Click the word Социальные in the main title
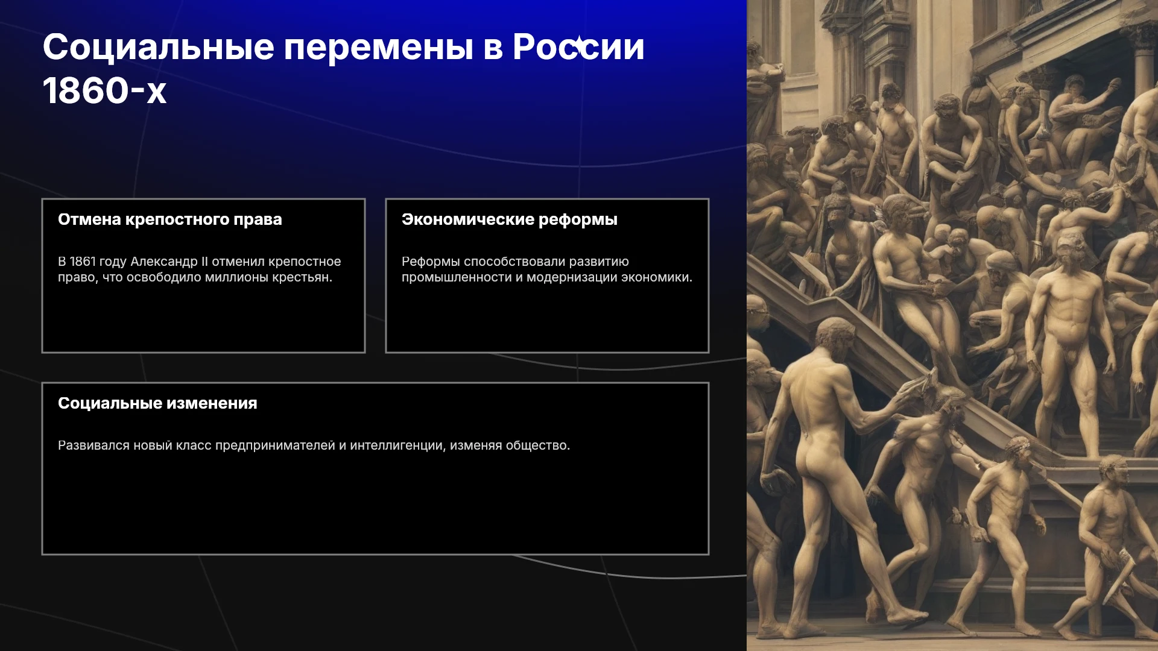point(159,47)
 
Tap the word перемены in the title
point(379,48)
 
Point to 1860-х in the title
point(104,90)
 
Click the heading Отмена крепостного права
point(170,219)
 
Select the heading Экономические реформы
point(510,219)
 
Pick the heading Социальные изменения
point(157,403)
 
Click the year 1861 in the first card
point(83,262)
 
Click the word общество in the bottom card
point(537,445)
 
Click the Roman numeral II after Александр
point(204,262)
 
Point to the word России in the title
point(578,47)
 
